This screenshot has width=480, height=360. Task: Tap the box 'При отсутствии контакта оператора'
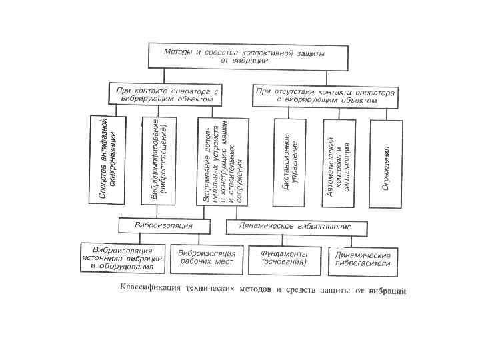(x=325, y=95)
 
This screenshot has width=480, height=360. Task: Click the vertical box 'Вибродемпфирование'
(x=159, y=161)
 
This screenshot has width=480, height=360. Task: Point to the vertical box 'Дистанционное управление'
(x=290, y=161)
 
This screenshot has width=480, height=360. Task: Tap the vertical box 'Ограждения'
(x=387, y=161)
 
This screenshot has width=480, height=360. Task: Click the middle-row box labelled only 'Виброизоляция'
(x=163, y=225)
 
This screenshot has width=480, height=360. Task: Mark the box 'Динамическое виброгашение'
(x=297, y=227)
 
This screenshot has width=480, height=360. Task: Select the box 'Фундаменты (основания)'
(x=285, y=259)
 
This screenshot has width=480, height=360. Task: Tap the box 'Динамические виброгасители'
(x=363, y=260)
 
